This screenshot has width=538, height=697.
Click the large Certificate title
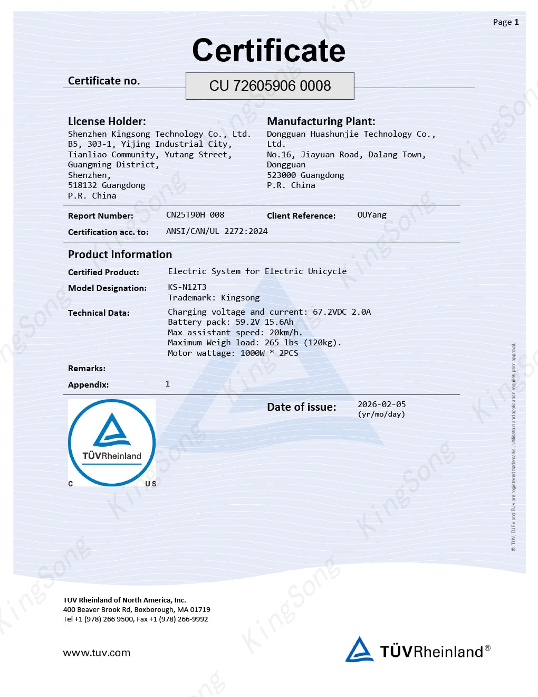[268, 51]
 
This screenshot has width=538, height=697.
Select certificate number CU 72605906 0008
[270, 86]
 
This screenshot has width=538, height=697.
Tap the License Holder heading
[107, 121]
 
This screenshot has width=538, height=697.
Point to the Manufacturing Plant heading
[321, 121]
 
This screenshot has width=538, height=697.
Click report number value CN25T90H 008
[195, 215]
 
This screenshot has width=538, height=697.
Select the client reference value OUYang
[372, 215]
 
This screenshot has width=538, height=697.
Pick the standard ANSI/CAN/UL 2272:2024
[217, 231]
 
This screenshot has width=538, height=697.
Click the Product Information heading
[120, 255]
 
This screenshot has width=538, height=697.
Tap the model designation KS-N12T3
[187, 287]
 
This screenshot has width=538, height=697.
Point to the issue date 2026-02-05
[382, 404]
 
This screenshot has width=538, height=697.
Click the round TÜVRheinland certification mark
[112, 442]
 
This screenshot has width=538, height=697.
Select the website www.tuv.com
[97, 653]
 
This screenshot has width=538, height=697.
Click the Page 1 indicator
[505, 22]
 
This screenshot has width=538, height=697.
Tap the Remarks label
[87, 369]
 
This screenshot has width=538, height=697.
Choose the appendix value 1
[168, 384]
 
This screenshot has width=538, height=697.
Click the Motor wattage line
[233, 353]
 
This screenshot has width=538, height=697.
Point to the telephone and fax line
[136, 619]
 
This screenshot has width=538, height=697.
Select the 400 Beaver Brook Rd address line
[137, 610]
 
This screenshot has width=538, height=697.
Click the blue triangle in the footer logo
[360, 649]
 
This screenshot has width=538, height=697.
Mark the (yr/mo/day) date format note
[381, 415]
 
